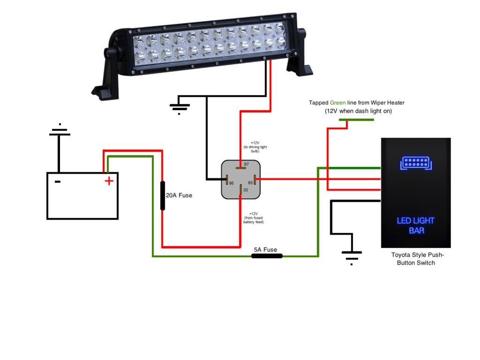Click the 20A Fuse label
click(179, 195)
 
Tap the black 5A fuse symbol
click(267, 256)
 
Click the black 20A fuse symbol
click(162, 195)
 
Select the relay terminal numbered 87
click(241, 165)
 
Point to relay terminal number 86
click(227, 182)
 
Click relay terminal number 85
click(255, 182)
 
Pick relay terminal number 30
click(241, 189)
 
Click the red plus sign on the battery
click(109, 181)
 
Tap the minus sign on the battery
click(57, 181)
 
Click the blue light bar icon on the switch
click(415, 163)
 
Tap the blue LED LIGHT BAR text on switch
click(416, 225)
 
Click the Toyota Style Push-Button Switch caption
click(417, 259)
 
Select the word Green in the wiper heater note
click(337, 102)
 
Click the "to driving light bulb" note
click(255, 147)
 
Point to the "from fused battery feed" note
click(254, 218)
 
